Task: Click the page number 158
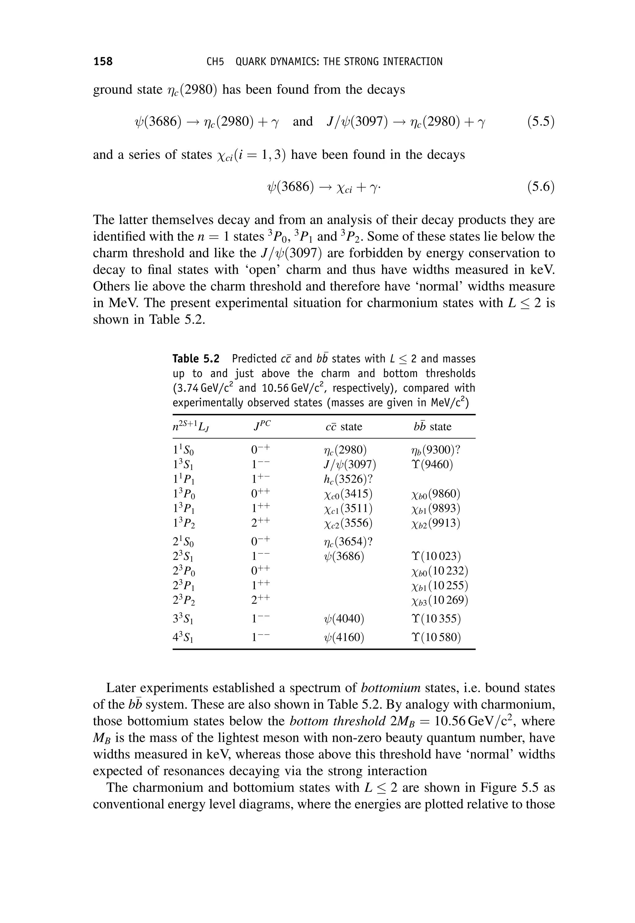coord(103,61)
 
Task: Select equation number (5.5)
coord(541,122)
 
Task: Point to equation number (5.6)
coord(541,187)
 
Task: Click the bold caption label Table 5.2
coord(196,359)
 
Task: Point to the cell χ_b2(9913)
coord(436,523)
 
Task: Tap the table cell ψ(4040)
coord(344,619)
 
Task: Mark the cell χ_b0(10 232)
coord(440,571)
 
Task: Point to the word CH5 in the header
coord(215,62)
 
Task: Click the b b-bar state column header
coord(432,426)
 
